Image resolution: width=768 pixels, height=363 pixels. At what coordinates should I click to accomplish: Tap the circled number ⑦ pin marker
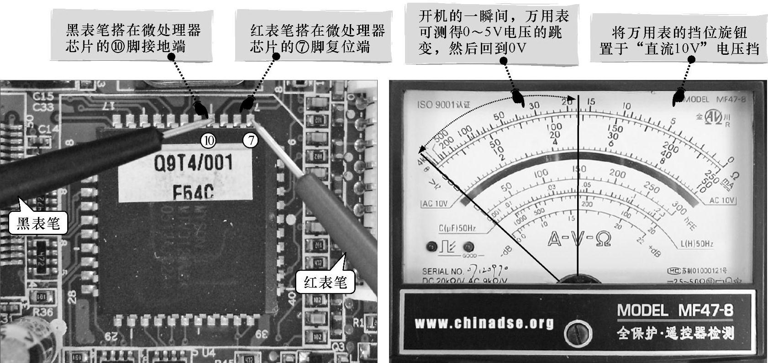tap(250, 140)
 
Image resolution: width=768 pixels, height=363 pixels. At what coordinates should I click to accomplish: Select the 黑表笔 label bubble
tap(38, 223)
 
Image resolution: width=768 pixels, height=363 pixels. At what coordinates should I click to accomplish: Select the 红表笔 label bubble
tap(325, 282)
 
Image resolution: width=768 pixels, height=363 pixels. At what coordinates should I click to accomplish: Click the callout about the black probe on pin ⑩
tap(133, 38)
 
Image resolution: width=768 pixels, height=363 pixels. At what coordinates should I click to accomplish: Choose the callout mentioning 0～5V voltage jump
tap(493, 33)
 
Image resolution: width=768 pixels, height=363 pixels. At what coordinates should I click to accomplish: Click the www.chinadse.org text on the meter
tap(484, 324)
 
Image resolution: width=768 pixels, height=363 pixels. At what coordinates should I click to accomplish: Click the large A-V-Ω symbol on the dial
tap(579, 238)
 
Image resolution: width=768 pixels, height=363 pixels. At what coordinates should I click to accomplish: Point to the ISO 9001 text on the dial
tap(443, 105)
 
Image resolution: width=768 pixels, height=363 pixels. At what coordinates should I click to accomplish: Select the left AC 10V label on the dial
tap(435, 204)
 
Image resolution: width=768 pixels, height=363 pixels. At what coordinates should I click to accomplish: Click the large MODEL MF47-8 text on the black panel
tap(675, 311)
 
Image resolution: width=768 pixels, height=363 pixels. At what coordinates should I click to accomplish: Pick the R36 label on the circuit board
tap(42, 313)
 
